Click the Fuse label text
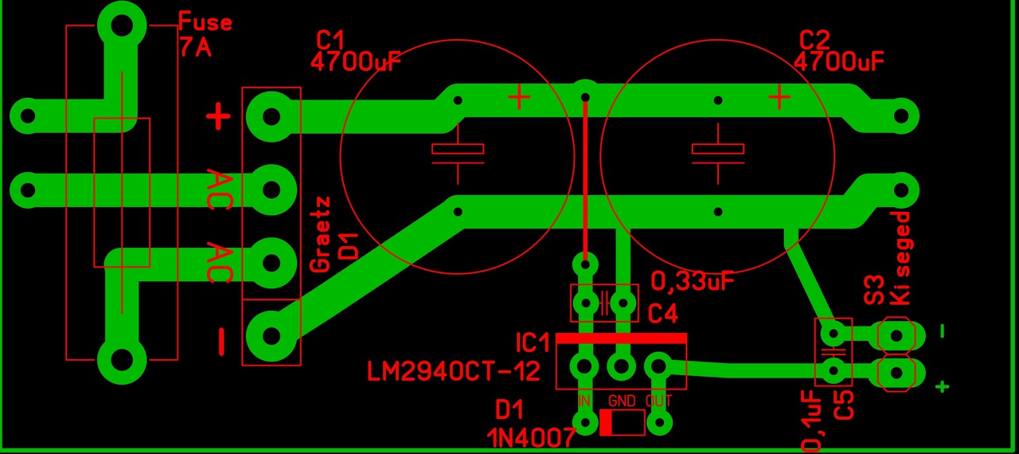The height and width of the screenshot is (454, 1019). tap(205, 22)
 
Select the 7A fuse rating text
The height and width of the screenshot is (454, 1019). tap(195, 48)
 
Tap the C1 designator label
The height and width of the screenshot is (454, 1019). tap(330, 40)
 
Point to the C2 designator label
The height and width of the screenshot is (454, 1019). tap(814, 40)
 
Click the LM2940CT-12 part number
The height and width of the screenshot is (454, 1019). tap(454, 370)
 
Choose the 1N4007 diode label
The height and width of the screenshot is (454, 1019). tap(531, 437)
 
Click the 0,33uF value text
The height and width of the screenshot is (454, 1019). tap(692, 281)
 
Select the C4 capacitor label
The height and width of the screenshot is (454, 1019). tap(662, 314)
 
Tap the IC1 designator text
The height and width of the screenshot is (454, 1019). tap(533, 343)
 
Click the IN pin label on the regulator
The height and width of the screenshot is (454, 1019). tap(584, 401)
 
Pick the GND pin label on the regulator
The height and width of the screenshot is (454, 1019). tap(623, 401)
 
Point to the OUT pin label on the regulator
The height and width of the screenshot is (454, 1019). tap(659, 401)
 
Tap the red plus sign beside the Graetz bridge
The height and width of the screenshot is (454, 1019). tap(218, 118)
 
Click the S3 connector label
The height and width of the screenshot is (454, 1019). tap(874, 290)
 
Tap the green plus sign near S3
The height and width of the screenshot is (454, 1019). tap(943, 387)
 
